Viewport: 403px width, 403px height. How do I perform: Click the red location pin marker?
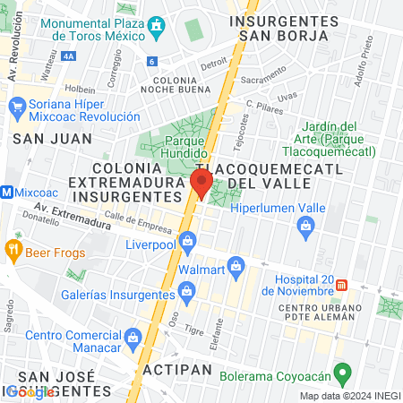[201, 184]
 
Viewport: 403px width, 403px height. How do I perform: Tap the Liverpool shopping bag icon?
[187, 240]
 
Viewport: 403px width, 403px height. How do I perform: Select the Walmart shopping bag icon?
[236, 264]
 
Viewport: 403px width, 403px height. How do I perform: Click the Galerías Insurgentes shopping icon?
[187, 289]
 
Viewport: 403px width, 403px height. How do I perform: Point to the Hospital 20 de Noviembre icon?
[342, 286]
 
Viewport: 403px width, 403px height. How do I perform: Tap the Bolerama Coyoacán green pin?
[341, 372]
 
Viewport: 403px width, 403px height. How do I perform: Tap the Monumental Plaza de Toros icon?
[158, 24]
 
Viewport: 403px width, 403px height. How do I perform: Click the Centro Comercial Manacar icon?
[133, 337]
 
